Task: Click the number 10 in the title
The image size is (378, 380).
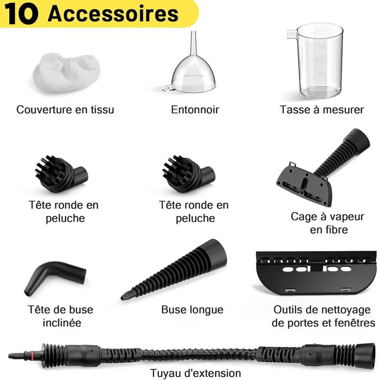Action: coord(21,14)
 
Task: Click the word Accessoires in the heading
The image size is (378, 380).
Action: coord(113,14)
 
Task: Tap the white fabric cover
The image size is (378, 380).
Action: coord(67,73)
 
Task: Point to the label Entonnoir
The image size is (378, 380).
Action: coord(195,109)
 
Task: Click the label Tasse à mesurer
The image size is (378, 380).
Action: coord(322,109)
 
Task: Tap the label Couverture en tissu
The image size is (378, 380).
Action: coord(65,109)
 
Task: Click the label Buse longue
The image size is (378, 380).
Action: coord(192,310)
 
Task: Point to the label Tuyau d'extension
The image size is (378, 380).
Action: coord(196,373)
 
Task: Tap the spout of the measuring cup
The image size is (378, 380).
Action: coord(292,34)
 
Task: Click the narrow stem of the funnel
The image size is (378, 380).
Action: coord(193,43)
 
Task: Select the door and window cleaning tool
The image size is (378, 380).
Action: coord(316,273)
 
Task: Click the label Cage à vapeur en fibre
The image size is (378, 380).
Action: coord(328,223)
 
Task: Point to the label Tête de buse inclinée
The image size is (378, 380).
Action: coord(61,316)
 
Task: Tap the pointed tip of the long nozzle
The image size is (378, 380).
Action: coord(123,297)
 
